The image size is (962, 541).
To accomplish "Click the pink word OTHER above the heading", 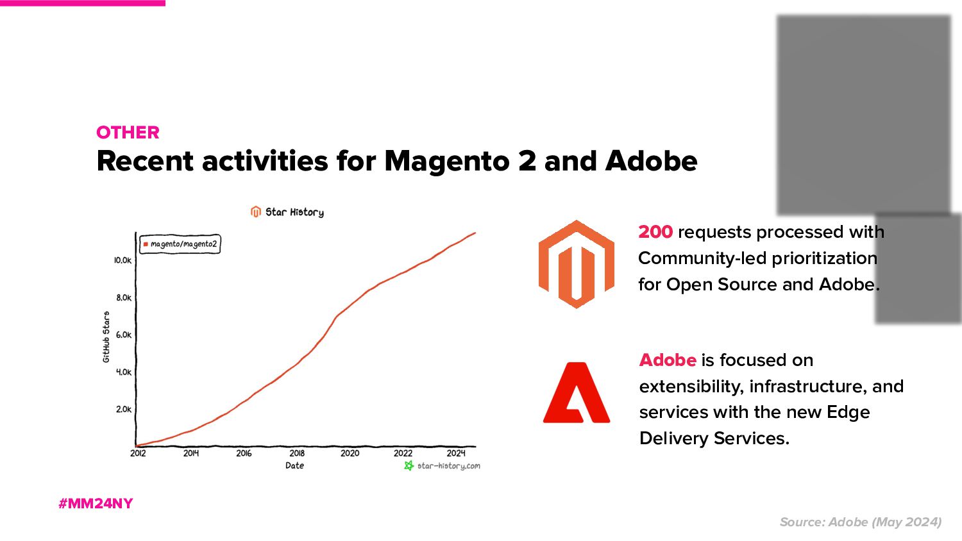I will [128, 133].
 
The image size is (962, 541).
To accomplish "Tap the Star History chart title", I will [294, 212].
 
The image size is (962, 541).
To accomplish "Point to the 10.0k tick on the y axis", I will [122, 260].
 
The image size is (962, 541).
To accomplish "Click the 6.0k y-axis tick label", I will [123, 335].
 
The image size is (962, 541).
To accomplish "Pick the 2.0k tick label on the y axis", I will [123, 409].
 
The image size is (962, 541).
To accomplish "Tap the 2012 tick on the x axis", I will [138, 453].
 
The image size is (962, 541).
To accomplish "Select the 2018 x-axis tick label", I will [297, 453].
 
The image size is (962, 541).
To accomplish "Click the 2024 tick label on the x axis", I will [456, 453].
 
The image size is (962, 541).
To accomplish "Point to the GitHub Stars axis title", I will [106, 337].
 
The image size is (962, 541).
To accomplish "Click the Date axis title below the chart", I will [294, 466].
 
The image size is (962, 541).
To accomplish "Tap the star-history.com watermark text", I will [448, 466].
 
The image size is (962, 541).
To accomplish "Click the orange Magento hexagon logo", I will [576, 264].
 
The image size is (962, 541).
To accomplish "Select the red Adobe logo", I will [576, 392].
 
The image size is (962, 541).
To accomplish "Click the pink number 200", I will [655, 232].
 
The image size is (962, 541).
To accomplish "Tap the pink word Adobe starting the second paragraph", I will [668, 360].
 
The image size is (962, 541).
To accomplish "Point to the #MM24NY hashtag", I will [96, 504].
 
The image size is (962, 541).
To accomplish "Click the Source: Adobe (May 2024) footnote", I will [860, 522].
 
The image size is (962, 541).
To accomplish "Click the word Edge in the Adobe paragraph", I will [848, 412].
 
